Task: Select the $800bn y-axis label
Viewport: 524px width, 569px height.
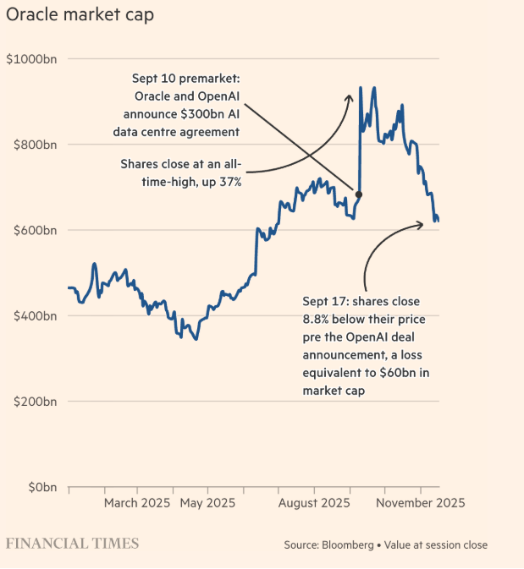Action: coord(33,145)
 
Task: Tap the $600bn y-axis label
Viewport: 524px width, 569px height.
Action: coord(33,230)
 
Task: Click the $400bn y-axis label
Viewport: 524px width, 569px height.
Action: coord(33,315)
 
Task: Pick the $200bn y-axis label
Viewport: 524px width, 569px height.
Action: coord(33,402)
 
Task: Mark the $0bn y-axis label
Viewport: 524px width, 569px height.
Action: coord(39,487)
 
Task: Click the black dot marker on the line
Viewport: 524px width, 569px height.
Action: coord(359,194)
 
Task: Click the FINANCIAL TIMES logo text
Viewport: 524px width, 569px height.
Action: coord(73,543)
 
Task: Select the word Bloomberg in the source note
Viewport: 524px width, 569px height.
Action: coord(348,545)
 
